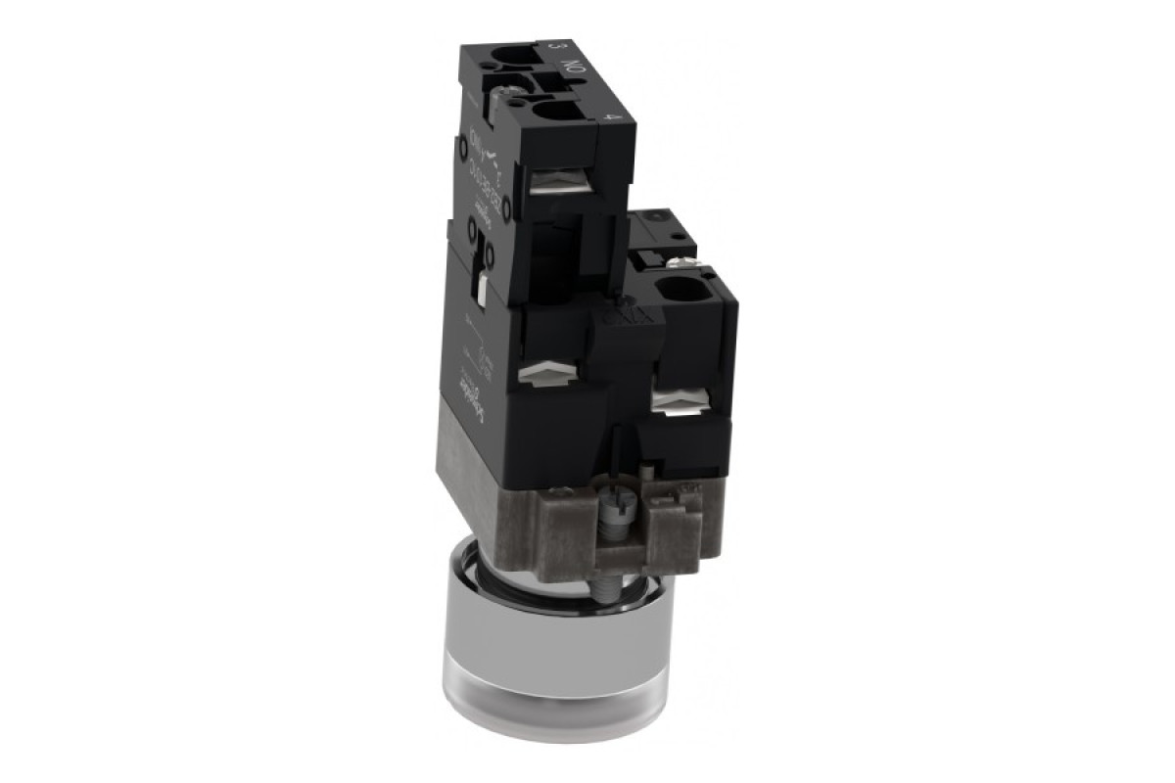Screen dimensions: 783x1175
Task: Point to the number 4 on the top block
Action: coord(612,116)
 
